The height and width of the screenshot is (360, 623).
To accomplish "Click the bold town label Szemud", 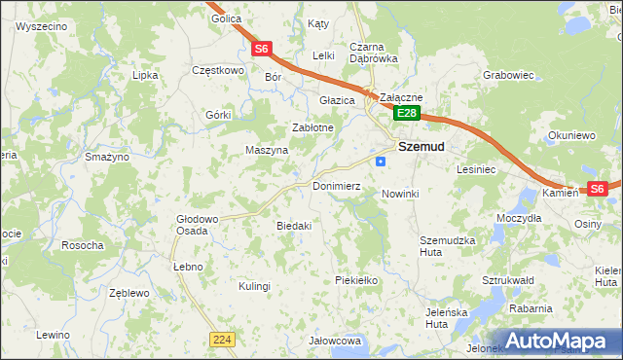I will click(x=421, y=147).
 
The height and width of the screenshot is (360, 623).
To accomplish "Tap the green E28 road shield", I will click(x=407, y=114).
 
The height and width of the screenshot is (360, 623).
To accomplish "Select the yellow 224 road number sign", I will click(x=221, y=338).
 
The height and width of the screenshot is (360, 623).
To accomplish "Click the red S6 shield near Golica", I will click(x=261, y=49).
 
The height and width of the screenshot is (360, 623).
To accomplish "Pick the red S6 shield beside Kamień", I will click(x=597, y=189).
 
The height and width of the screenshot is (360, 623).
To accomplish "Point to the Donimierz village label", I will click(x=337, y=186).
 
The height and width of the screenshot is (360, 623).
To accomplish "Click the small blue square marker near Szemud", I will click(x=381, y=162).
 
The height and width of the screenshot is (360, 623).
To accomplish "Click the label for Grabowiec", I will click(x=510, y=74).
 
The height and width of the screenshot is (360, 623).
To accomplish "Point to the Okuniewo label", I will click(x=571, y=136).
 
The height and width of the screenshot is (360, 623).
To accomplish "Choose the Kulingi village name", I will click(x=254, y=286).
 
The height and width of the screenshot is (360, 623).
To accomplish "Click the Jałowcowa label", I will click(x=335, y=342).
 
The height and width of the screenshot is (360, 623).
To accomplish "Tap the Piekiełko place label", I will click(x=355, y=280).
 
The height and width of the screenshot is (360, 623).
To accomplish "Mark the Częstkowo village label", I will click(x=217, y=70).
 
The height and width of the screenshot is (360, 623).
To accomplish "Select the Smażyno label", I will click(x=107, y=157).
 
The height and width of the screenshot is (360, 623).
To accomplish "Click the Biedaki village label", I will click(x=294, y=226).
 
